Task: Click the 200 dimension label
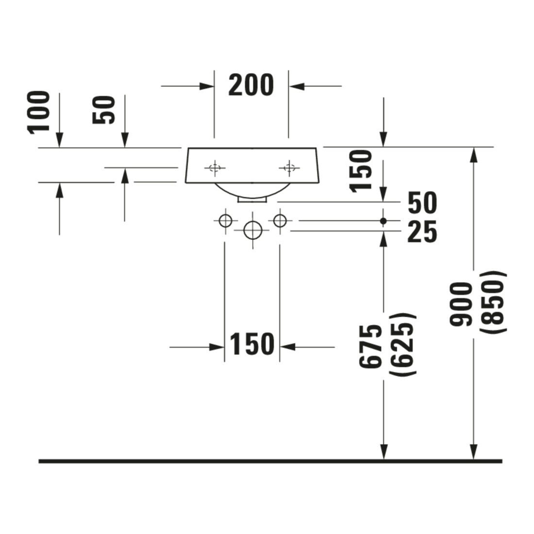251,85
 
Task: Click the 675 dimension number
371,346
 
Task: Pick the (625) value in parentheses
402,344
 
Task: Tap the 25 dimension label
422,232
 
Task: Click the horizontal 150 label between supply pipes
252,344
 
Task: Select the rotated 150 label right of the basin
361,171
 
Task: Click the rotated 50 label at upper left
104,110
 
